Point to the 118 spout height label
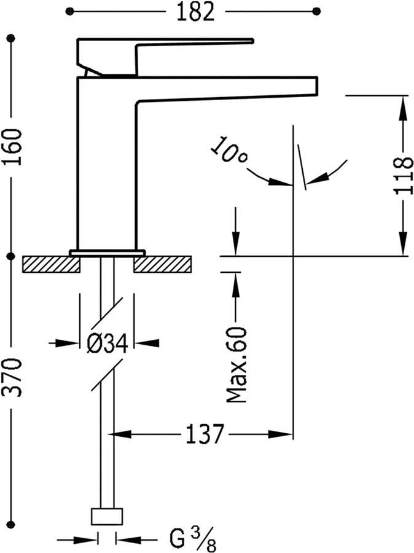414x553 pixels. [x=402, y=175]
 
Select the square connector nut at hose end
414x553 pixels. [x=107, y=516]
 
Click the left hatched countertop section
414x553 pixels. [x=51, y=264]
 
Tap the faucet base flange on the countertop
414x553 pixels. [x=107, y=252]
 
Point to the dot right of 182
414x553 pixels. [x=316, y=11]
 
